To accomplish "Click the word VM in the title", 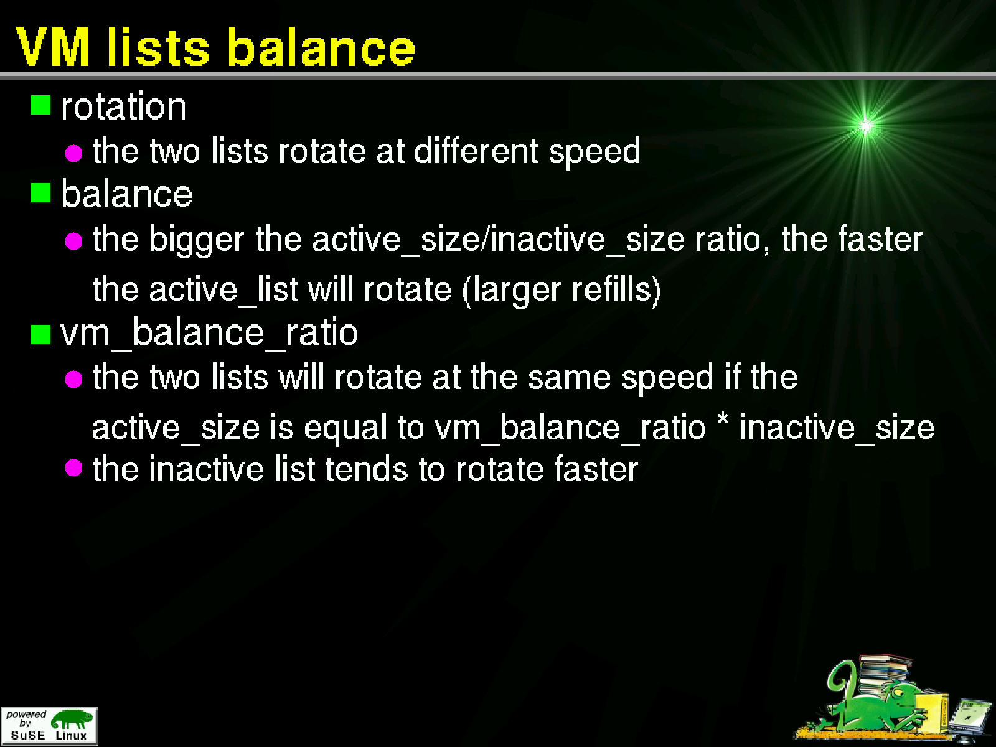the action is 54,47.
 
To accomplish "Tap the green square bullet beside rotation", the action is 40,105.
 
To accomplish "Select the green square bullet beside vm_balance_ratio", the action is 40,335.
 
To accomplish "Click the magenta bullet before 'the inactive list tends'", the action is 73,467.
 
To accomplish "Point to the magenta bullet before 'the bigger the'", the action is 73,241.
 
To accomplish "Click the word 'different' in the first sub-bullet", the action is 476,151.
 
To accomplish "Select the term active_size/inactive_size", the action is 498,240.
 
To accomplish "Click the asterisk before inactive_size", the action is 723,419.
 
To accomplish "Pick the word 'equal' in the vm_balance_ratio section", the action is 345,429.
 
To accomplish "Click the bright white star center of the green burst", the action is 866,126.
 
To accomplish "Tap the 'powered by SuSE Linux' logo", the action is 49,726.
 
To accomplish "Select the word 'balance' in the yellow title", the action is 321,47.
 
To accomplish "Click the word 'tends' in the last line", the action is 367,469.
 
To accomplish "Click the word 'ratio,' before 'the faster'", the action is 732,240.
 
